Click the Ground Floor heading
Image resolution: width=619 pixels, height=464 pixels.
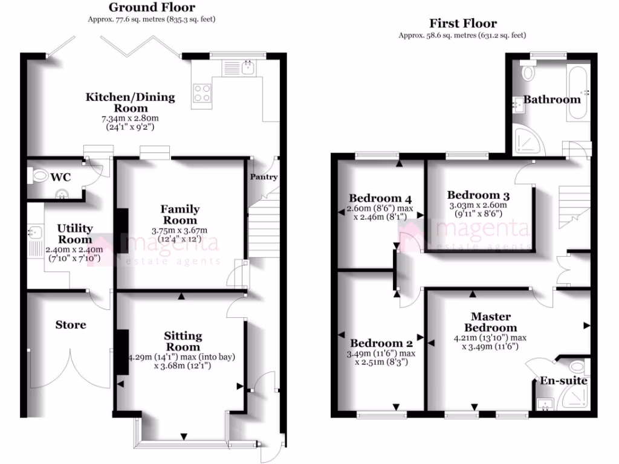point(152,8)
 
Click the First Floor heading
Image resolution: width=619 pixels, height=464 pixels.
point(463,24)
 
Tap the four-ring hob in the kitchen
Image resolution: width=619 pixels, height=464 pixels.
point(203,92)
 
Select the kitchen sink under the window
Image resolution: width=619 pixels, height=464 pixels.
point(247,67)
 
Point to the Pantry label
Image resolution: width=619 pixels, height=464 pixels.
point(264,177)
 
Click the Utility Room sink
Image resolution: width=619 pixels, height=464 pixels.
point(34,231)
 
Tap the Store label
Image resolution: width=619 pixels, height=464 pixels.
point(71,325)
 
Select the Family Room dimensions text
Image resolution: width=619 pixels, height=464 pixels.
point(180,234)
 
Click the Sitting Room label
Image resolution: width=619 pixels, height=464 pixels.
point(183,341)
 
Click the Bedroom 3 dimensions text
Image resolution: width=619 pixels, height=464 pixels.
point(478,209)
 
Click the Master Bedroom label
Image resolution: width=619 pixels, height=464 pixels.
point(490,322)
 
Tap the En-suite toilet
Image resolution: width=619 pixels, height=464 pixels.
point(577,366)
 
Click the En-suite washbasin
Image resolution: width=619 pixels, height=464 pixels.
point(546,404)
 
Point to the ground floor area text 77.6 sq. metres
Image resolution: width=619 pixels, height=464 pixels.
point(151,19)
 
